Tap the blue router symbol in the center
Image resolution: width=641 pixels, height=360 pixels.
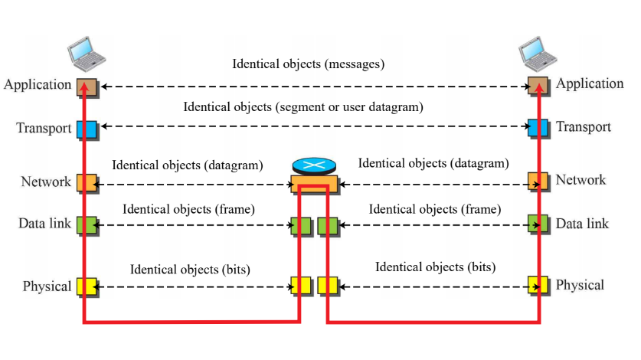(313, 166)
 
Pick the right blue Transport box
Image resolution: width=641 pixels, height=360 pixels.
(538, 127)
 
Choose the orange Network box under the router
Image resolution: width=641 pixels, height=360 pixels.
(314, 184)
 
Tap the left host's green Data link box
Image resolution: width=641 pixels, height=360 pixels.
(86, 225)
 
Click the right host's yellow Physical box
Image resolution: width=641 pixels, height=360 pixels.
(538, 286)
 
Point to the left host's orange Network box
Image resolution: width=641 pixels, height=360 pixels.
(86, 183)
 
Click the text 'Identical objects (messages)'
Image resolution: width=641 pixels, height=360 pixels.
(308, 64)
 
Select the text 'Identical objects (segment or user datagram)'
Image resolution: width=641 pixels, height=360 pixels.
(303, 106)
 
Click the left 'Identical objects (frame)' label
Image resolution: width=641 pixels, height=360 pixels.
(188, 208)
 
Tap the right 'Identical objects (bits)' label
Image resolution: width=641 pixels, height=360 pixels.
(435, 267)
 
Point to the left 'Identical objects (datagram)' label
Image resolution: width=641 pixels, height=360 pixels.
(187, 165)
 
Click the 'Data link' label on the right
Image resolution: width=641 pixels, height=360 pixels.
(582, 224)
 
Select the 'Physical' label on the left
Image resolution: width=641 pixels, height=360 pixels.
(47, 286)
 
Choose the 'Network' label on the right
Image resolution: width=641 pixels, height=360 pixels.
(580, 180)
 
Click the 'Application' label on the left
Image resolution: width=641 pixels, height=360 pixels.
(38, 84)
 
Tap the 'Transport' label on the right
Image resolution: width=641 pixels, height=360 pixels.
(584, 127)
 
